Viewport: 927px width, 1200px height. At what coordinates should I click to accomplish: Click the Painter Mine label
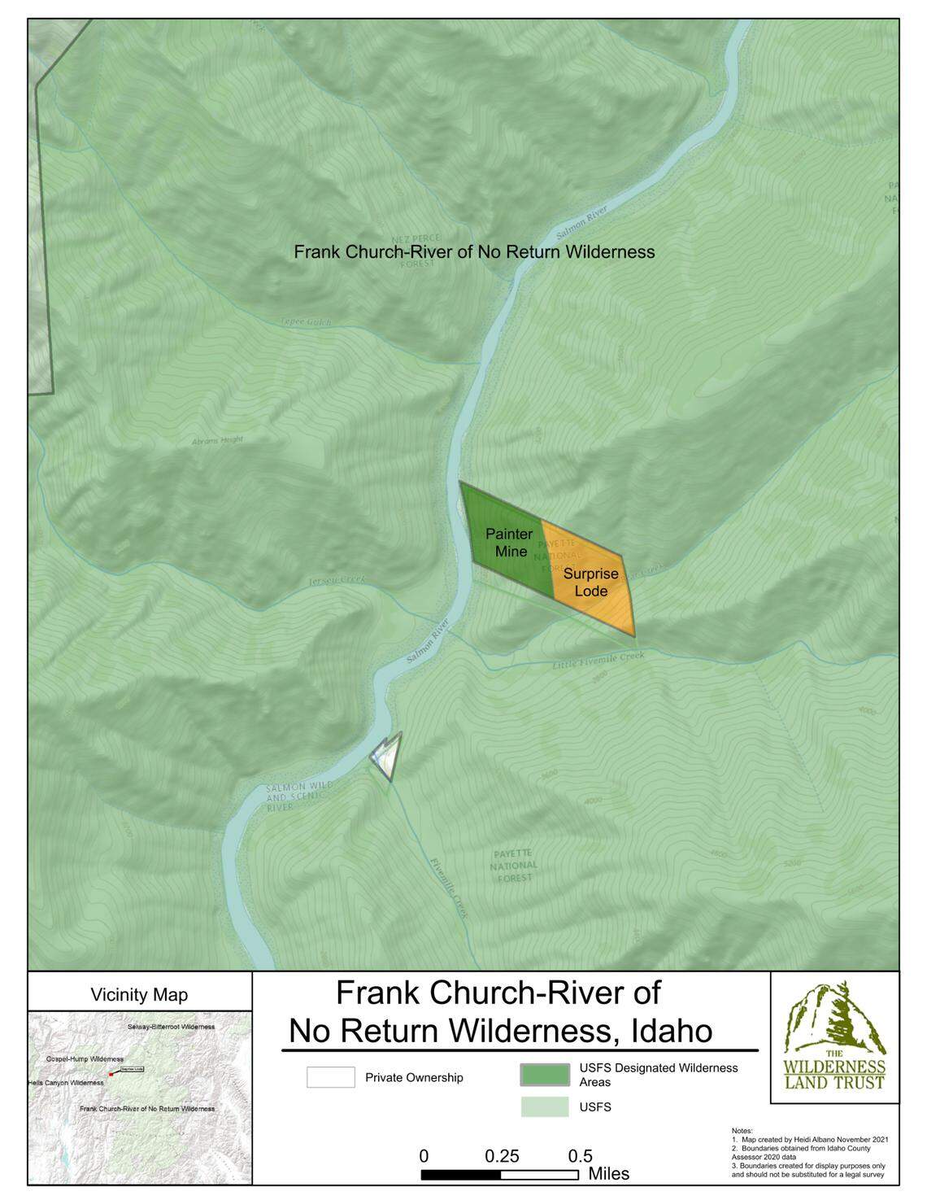point(509,543)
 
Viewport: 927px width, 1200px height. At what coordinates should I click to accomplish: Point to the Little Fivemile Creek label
point(598,660)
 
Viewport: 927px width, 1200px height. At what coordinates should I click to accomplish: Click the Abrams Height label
point(217,440)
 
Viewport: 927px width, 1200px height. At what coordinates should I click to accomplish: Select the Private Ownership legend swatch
point(331,1077)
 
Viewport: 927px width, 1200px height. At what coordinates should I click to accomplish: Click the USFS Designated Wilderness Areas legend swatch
point(545,1074)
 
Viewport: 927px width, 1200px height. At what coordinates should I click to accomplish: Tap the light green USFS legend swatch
point(545,1107)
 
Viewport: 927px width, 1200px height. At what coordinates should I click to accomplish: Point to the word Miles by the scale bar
point(608,1175)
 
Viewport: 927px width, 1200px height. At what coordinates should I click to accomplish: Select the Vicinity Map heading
point(139,994)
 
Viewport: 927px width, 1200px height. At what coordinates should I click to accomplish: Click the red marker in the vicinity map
point(111,1074)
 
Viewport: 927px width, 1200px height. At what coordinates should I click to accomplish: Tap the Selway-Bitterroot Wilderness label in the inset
point(171,1027)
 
